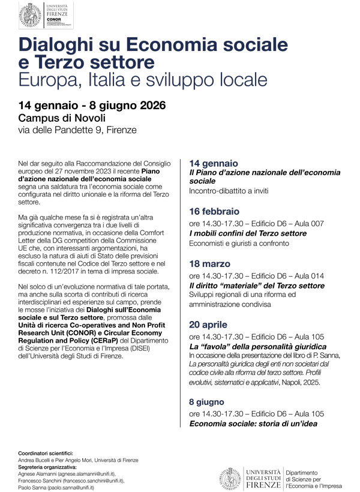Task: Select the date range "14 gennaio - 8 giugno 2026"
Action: click(92, 106)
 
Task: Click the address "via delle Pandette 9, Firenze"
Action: click(77, 130)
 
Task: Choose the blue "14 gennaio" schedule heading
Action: click(213, 163)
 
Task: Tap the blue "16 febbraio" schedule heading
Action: click(214, 211)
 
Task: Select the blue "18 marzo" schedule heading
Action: click(210, 263)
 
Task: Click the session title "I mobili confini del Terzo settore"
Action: click(248, 233)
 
